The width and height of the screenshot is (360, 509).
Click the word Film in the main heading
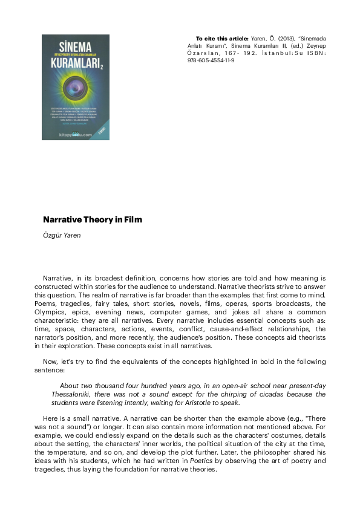(x=133, y=220)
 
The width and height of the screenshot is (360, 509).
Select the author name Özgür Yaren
(x=62, y=236)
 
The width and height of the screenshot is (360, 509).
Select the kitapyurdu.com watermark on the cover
(x=75, y=135)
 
